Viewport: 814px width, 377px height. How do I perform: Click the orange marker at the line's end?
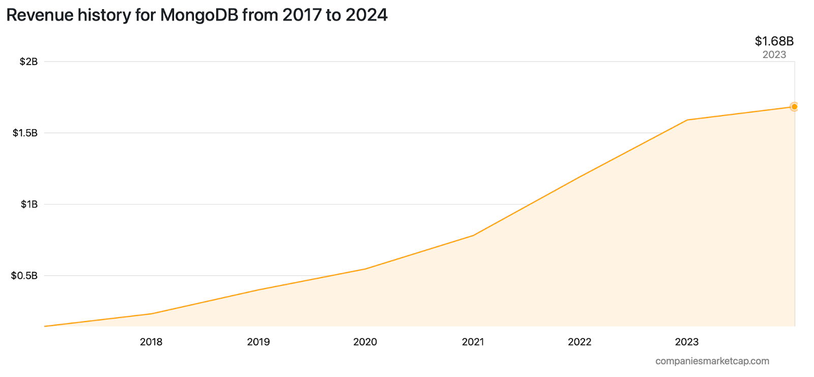point(794,107)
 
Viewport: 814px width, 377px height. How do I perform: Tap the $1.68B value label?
point(774,41)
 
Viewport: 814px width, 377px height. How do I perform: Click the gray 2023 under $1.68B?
point(774,55)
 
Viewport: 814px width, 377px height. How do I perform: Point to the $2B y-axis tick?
point(28,62)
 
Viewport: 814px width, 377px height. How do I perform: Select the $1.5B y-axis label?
point(25,133)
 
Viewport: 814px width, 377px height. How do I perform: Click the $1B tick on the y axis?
point(29,205)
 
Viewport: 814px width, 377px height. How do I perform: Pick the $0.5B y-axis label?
point(24,276)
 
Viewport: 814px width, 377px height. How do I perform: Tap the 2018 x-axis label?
point(151,342)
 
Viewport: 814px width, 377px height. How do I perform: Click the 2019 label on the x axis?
point(258,342)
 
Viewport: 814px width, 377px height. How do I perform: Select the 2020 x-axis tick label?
point(365,342)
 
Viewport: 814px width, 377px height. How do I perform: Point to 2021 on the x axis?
point(473,342)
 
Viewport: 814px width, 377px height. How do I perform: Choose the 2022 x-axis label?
point(579,342)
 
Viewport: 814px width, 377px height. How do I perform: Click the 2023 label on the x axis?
point(687,342)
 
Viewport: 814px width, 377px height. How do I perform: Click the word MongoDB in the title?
point(199,15)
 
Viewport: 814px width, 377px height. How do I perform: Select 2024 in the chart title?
point(366,15)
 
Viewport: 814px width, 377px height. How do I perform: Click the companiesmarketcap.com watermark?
point(712,361)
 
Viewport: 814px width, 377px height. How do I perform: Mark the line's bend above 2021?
point(473,236)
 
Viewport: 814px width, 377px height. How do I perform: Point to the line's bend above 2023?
point(687,120)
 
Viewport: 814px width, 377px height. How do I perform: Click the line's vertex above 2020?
point(365,269)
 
